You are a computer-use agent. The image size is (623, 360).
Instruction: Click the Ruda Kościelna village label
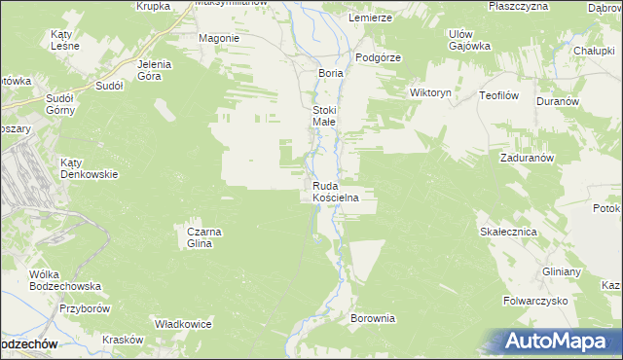(x=336, y=192)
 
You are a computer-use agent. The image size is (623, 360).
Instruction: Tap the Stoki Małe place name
(x=324, y=117)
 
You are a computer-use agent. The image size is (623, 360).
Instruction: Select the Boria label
(x=332, y=73)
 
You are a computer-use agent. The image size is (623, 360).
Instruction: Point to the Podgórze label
(x=379, y=57)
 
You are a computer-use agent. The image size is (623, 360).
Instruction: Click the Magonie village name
(x=218, y=38)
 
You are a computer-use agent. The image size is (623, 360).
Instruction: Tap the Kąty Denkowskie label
(x=89, y=168)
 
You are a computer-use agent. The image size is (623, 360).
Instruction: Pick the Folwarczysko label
(x=535, y=301)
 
